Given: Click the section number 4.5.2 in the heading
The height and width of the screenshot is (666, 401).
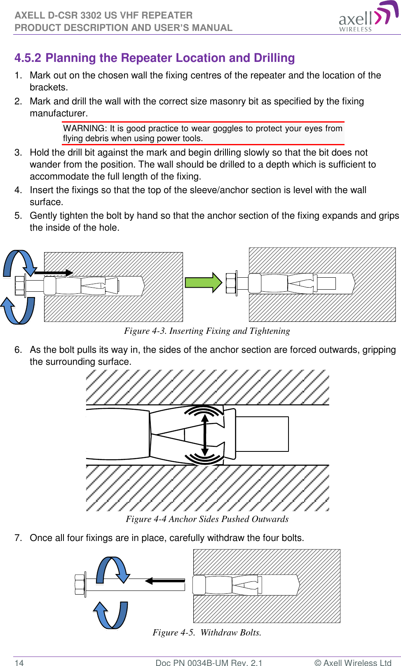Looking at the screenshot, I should pyautogui.click(x=28, y=58).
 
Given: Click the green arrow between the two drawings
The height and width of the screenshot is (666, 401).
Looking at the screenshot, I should pyautogui.click(x=204, y=283).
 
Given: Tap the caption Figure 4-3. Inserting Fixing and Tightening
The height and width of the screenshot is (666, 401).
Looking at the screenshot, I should pyautogui.click(x=207, y=331).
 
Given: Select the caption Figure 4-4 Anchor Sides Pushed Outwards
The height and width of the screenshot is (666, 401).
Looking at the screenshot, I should pyautogui.click(x=207, y=519).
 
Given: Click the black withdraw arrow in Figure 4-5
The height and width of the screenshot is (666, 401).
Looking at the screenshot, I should pyautogui.click(x=165, y=581).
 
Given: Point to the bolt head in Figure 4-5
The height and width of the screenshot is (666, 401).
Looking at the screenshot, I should pyautogui.click(x=80, y=585).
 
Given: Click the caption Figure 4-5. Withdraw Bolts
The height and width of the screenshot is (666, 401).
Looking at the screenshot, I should pyautogui.click(x=207, y=633).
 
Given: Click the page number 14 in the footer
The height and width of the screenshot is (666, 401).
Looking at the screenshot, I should pyautogui.click(x=19, y=663).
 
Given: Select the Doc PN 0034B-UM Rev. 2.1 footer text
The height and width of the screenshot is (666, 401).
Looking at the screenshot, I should pyautogui.click(x=209, y=663).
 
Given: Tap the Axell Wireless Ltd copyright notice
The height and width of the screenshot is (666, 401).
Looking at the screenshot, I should pyautogui.click(x=353, y=663).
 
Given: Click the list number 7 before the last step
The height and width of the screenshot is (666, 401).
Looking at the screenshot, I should pyautogui.click(x=18, y=538).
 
